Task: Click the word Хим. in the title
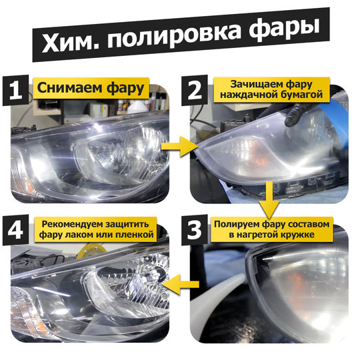pyautogui.click(x=71, y=42)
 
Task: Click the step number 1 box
pyautogui.click(x=15, y=91)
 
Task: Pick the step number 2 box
pyautogui.click(x=195, y=91)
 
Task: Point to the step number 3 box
pyautogui.click(x=195, y=230)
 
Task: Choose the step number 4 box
pyautogui.click(x=15, y=230)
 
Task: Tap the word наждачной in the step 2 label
pyautogui.click(x=249, y=95)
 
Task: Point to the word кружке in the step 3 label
pyautogui.click(x=299, y=235)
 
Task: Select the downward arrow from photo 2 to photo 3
pyautogui.click(x=269, y=200)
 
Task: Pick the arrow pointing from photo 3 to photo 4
pyautogui.click(x=181, y=285)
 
